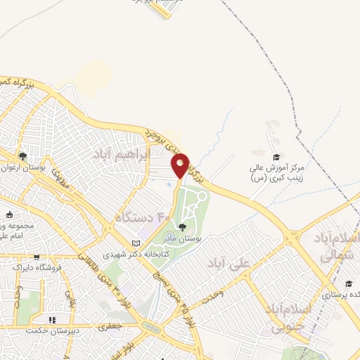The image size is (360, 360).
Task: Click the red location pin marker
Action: [181, 165]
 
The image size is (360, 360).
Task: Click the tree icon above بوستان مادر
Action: [183, 226]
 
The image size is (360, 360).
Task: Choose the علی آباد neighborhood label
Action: [229, 264]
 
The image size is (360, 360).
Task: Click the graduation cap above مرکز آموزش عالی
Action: [276, 156]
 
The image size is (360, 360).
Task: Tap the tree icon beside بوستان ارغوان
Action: [23, 156]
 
